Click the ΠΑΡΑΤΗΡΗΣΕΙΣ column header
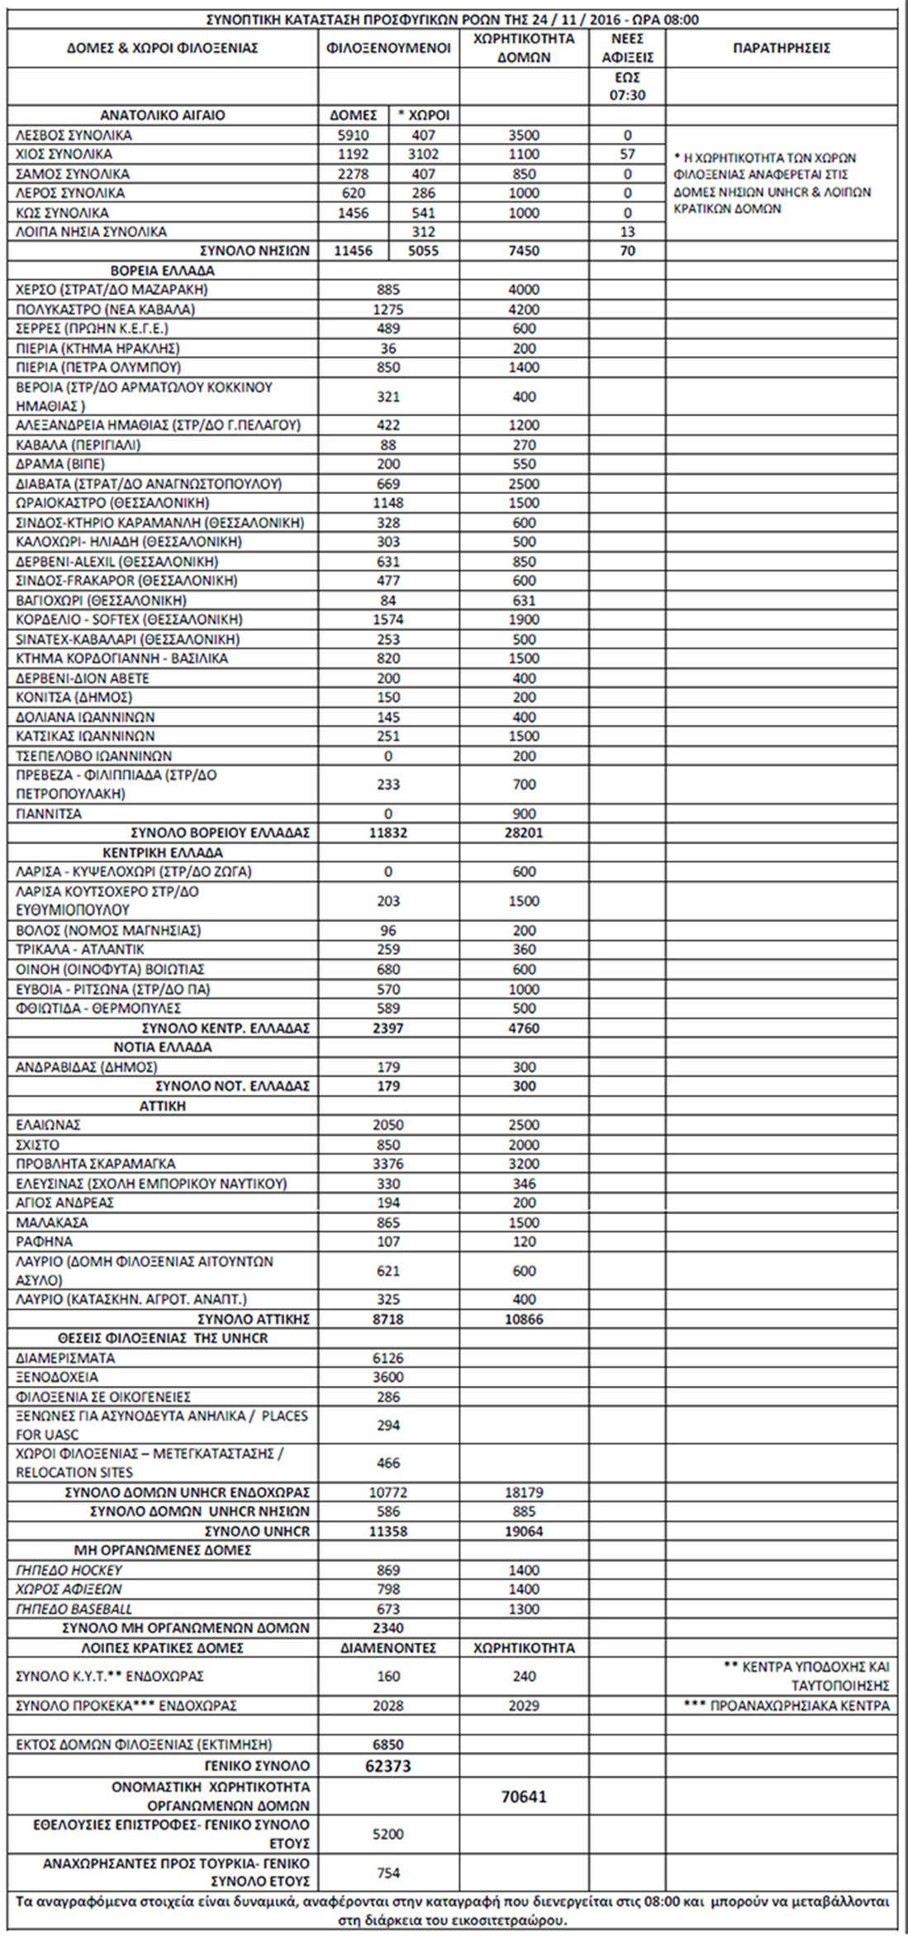coord(781,48)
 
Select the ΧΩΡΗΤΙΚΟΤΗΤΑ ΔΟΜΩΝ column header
coord(524,48)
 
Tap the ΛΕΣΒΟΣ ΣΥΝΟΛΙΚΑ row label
coord(74,135)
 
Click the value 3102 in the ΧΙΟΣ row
coord(424,154)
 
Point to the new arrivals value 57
coord(627,154)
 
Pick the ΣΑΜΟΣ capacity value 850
coord(524,173)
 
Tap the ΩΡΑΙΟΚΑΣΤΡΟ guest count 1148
coord(388,503)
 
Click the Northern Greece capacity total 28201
coord(524,833)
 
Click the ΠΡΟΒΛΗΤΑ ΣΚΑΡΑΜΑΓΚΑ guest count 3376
coord(388,1163)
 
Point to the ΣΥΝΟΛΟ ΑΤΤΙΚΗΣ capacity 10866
coord(524,1318)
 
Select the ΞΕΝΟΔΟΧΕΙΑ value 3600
coord(388,1377)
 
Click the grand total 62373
coord(388,1766)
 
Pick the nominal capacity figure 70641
coord(524,1797)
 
